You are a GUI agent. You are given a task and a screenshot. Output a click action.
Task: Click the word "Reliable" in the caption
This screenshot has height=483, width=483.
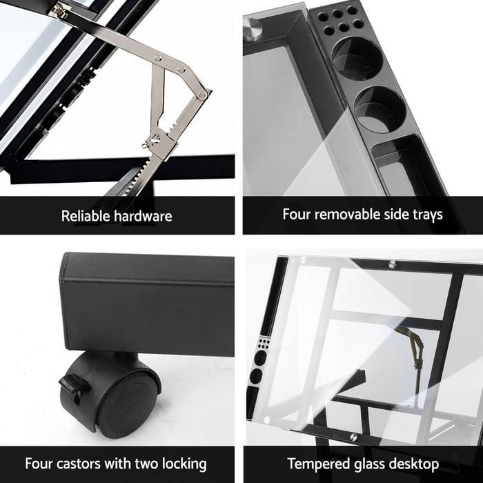point(86,216)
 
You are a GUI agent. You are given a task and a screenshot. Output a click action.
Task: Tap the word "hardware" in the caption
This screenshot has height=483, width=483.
point(144,216)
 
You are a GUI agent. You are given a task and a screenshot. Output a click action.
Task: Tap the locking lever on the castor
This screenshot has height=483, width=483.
point(72,385)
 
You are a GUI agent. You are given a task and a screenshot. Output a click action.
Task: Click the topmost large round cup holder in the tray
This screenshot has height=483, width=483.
point(357,59)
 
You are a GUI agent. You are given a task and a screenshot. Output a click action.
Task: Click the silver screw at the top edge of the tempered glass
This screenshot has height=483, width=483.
point(392,264)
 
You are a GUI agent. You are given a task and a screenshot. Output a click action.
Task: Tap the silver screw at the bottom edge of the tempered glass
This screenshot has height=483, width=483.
point(354,437)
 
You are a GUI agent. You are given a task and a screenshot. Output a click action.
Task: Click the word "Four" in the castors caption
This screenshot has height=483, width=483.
point(39,464)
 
